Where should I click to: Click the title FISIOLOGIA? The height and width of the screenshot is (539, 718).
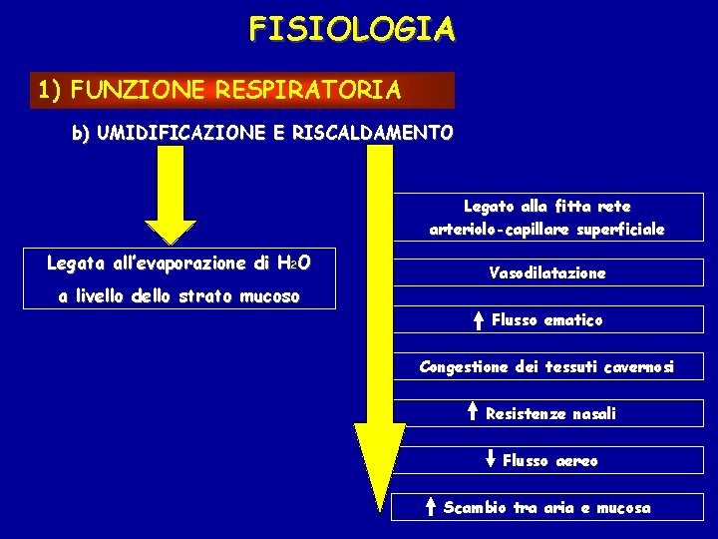(352, 28)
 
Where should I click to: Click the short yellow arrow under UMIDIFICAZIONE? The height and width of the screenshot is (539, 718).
(179, 200)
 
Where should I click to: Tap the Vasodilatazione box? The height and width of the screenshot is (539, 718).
(547, 272)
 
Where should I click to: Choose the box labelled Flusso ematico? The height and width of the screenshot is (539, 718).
(547, 320)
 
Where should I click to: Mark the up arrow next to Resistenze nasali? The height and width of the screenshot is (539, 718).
(472, 413)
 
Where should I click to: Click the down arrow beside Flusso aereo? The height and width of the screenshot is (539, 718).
(490, 460)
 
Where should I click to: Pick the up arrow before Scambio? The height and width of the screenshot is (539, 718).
(430, 508)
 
